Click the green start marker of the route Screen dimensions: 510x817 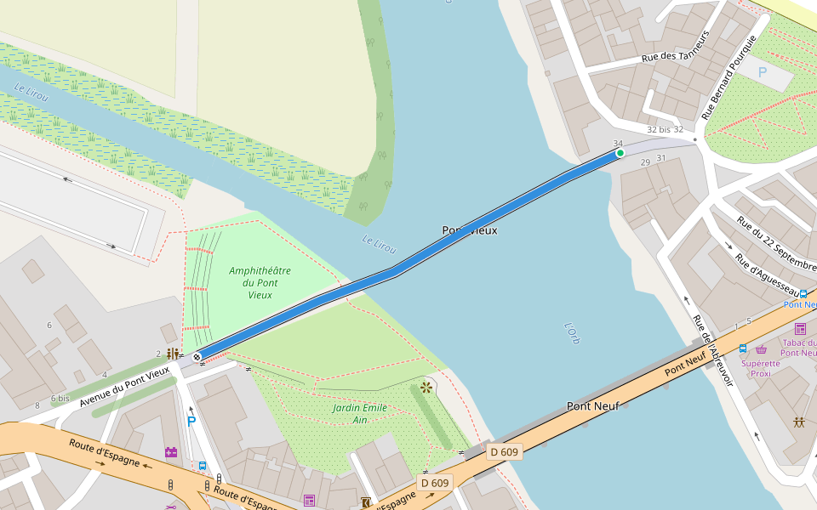620,153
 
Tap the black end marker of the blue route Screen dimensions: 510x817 197,357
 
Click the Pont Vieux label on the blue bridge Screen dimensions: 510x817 469,230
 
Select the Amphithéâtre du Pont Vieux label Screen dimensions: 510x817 260,283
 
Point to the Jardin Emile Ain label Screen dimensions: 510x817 360,414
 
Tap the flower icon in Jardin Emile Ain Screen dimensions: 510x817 426,388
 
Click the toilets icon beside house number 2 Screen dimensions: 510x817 173,354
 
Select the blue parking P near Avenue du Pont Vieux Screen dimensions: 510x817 191,421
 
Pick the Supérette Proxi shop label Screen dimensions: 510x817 760,369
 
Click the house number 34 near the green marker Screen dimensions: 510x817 618,143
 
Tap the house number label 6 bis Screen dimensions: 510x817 60,398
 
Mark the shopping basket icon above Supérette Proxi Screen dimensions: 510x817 761,349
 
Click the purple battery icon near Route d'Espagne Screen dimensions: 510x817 171,452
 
